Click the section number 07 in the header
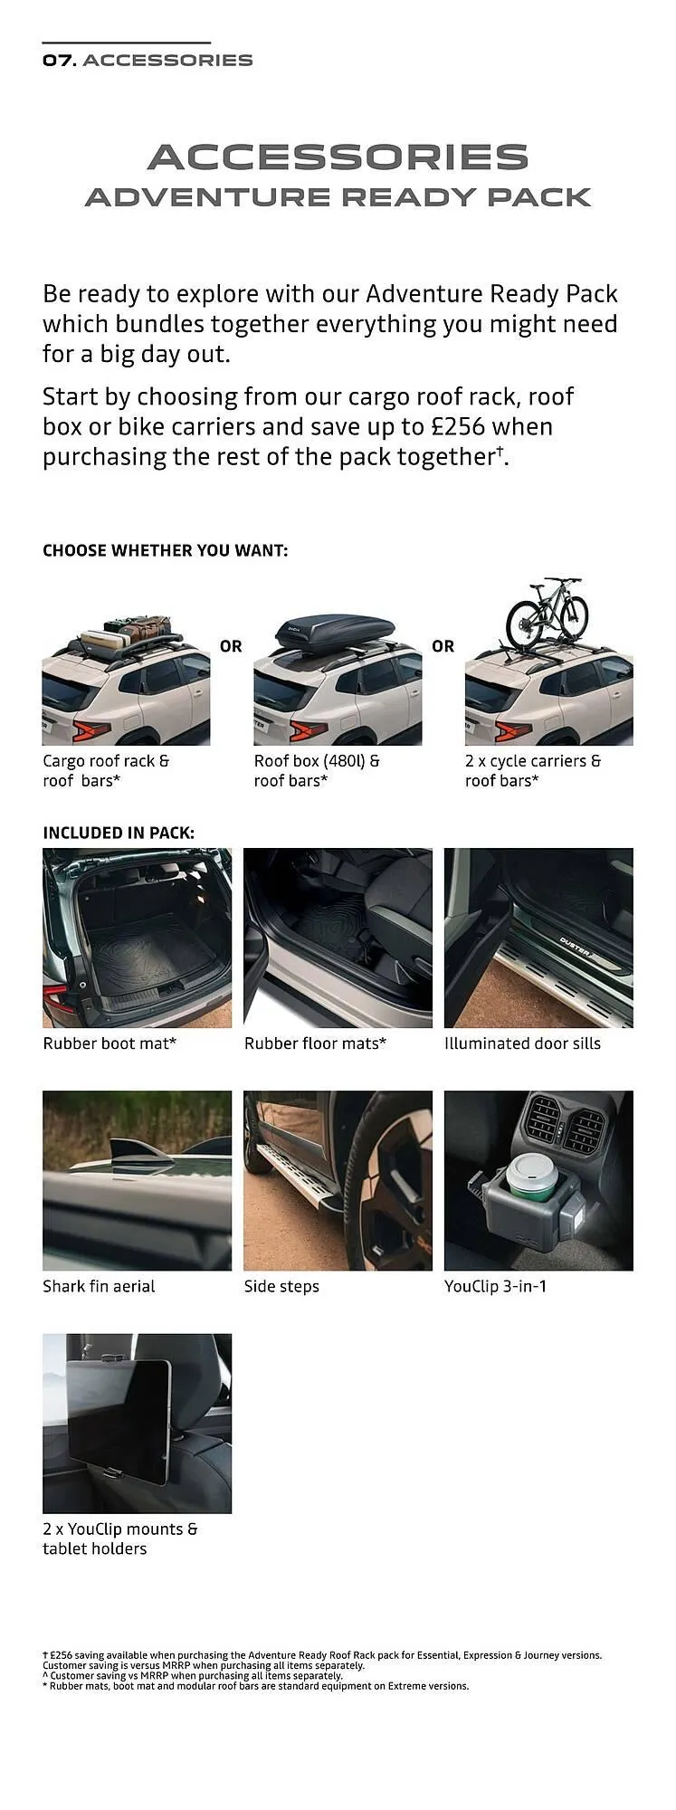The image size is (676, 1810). tap(59, 61)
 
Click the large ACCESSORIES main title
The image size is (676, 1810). tap(338, 157)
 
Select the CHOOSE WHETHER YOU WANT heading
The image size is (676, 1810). tap(166, 550)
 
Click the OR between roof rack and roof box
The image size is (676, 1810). tap(231, 646)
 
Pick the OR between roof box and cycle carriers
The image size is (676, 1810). tap(443, 646)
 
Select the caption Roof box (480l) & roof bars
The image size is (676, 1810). tap(317, 771)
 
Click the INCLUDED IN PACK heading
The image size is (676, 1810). tap(119, 833)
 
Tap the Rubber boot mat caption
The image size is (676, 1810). tap(109, 1043)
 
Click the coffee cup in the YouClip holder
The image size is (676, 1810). tap(529, 1176)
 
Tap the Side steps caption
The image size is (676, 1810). tap(281, 1286)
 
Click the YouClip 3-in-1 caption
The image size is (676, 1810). tap(495, 1286)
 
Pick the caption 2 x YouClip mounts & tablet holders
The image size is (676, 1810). tap(119, 1538)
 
